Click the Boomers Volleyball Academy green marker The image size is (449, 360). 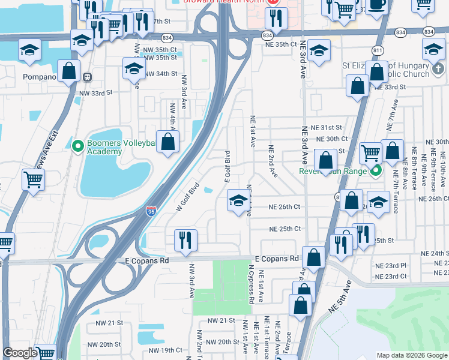(77, 145)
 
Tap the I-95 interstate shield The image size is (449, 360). (151, 211)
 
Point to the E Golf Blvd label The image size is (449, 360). (228, 167)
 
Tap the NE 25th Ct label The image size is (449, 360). (285, 229)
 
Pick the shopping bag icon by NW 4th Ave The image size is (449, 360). (169, 142)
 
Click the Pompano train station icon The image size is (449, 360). (87, 77)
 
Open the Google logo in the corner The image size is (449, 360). (20, 353)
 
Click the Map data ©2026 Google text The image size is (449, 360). (411, 355)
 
